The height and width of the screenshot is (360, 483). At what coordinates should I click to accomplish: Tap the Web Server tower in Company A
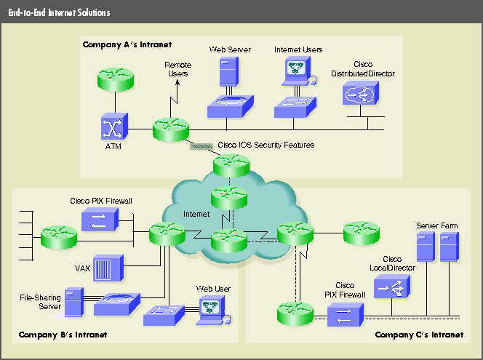tap(229, 73)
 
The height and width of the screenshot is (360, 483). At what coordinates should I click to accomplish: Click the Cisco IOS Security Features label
tap(266, 145)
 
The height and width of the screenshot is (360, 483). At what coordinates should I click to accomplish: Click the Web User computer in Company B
tap(212, 309)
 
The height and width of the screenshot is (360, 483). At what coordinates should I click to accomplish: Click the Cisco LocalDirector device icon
tap(390, 289)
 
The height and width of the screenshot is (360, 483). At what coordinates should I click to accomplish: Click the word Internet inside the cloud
tap(196, 215)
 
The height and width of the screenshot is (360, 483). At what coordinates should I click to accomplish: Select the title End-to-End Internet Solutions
tap(60, 13)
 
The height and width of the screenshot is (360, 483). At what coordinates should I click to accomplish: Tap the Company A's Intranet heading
tap(127, 44)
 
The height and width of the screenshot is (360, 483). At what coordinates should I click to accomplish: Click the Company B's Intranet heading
tap(59, 335)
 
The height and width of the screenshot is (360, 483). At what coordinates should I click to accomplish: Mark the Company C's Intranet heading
tap(418, 335)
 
